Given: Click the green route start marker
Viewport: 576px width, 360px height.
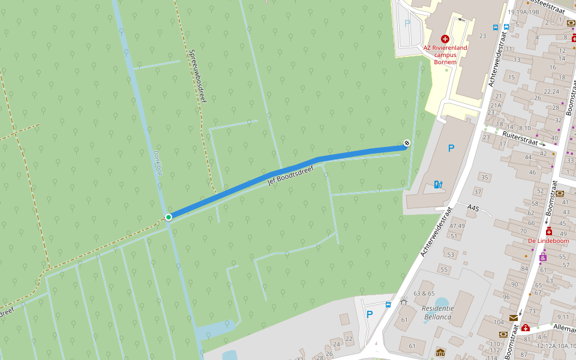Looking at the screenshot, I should tap(169, 217).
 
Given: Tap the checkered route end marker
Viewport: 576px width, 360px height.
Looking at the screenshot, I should tap(407, 143).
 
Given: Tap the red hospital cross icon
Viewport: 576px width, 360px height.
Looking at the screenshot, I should tap(445, 38).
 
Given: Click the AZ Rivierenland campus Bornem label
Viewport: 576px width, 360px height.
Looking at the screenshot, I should tap(444, 55).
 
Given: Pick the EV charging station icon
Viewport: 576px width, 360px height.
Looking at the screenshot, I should tap(439, 184).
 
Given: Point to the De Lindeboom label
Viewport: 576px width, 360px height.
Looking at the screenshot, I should tap(548, 241).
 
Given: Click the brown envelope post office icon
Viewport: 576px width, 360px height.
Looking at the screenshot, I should tap(514, 318).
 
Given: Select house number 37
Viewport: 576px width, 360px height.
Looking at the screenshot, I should tap(478, 192).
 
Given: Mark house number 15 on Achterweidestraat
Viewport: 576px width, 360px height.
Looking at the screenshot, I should tap(511, 77).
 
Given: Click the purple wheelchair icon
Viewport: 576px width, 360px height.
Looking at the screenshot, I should tap(543, 257).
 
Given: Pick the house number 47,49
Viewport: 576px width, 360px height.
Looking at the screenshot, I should tap(457, 226).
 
